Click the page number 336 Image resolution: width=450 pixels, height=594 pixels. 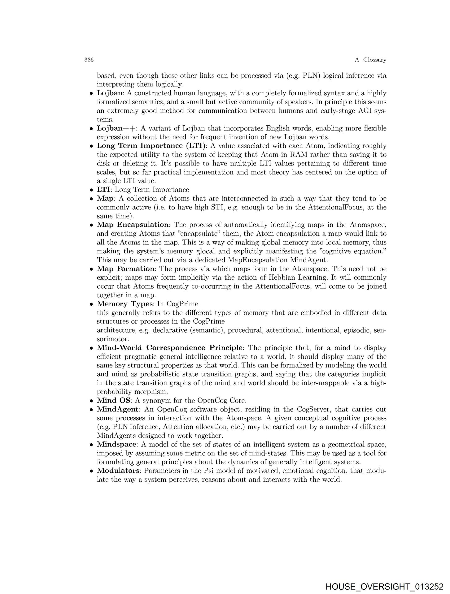89,60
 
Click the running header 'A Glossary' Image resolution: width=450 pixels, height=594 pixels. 370,60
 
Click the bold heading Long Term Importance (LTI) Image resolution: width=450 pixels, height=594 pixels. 151,146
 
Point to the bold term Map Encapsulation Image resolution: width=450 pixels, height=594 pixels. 133,225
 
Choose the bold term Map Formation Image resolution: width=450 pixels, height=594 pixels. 125,269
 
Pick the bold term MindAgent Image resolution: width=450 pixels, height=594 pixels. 117,409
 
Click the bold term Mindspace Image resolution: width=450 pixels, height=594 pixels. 116,445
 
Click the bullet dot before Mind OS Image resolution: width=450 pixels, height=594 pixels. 91,401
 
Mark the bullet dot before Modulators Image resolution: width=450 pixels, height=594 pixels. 91,471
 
